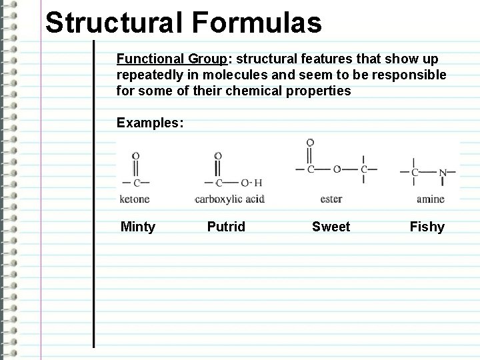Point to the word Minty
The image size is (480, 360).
click(137, 227)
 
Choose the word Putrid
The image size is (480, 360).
click(226, 227)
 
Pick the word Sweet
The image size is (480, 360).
click(331, 227)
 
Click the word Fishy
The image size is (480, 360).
click(427, 227)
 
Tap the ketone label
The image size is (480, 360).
click(135, 198)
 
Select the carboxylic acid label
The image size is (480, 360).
click(229, 198)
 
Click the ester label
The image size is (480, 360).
click(331, 198)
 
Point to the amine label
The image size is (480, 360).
click(430, 198)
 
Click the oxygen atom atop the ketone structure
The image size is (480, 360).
click(136, 156)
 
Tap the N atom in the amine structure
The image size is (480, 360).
click(443, 173)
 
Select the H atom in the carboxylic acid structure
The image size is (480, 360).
click(258, 183)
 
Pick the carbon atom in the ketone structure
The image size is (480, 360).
click(136, 182)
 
